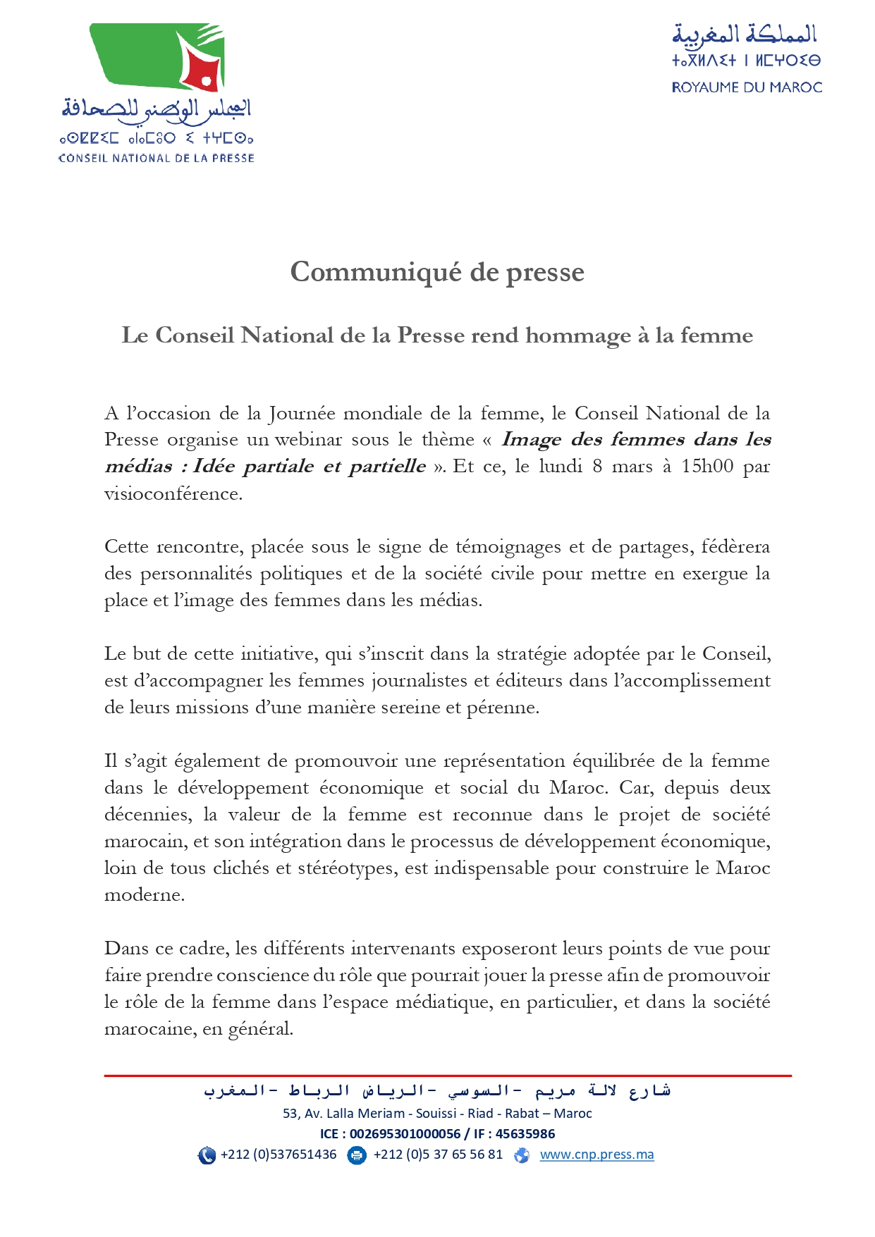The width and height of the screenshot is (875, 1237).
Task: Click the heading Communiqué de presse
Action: tap(437, 272)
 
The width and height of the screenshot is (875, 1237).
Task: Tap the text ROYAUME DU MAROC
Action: tap(747, 87)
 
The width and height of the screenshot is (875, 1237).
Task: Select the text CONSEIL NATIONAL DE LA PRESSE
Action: tap(156, 158)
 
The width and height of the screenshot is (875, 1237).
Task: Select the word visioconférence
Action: tap(173, 493)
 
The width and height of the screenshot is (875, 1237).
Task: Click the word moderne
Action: tap(144, 895)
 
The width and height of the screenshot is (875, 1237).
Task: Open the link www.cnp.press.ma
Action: tap(596, 1155)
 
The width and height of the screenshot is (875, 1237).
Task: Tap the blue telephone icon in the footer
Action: tap(207, 1155)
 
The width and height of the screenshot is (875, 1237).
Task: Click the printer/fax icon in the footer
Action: tap(357, 1155)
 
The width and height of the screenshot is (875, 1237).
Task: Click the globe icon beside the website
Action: tap(522, 1155)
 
